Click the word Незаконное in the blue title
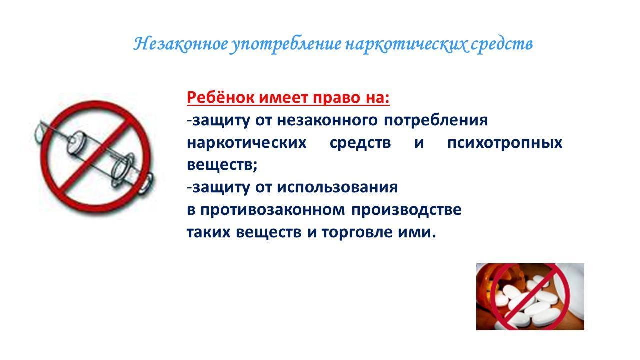point(181,44)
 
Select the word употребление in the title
point(286,45)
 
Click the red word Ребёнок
point(220,97)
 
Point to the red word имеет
point(283,98)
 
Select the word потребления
point(436,120)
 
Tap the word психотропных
point(505,143)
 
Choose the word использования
point(337,188)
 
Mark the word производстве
point(406,210)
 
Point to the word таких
point(208,232)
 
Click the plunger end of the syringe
point(146,183)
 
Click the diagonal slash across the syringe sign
point(96,156)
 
